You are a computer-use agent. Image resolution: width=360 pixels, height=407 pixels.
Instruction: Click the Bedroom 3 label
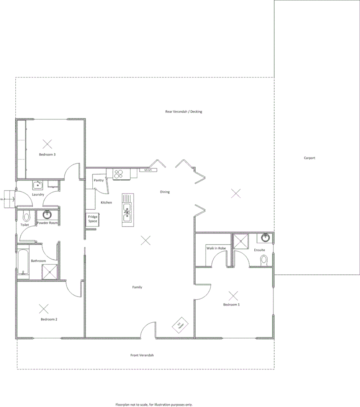tap(47, 154)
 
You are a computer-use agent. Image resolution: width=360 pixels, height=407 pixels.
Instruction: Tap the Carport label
tap(309, 158)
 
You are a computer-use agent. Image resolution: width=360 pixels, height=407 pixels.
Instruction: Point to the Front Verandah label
tap(142, 355)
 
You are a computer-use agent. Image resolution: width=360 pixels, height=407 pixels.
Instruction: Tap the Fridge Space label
tap(93, 219)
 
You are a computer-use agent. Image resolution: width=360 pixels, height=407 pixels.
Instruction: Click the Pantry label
tap(99, 180)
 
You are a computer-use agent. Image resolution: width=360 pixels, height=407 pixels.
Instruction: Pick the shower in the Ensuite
tap(241, 241)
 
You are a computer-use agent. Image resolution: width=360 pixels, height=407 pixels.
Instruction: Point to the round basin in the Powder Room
tap(47, 215)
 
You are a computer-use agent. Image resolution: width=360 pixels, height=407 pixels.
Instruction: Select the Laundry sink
tap(38, 185)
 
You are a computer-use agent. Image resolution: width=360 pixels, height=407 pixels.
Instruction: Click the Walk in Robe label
tap(216, 248)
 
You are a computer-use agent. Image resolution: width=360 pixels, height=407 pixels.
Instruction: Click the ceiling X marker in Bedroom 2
tap(44, 309)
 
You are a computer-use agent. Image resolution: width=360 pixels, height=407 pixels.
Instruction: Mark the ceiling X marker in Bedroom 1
tap(233, 295)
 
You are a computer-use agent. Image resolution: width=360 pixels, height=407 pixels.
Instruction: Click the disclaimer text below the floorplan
tap(154, 404)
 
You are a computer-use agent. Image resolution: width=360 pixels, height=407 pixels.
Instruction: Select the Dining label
tap(165, 192)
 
